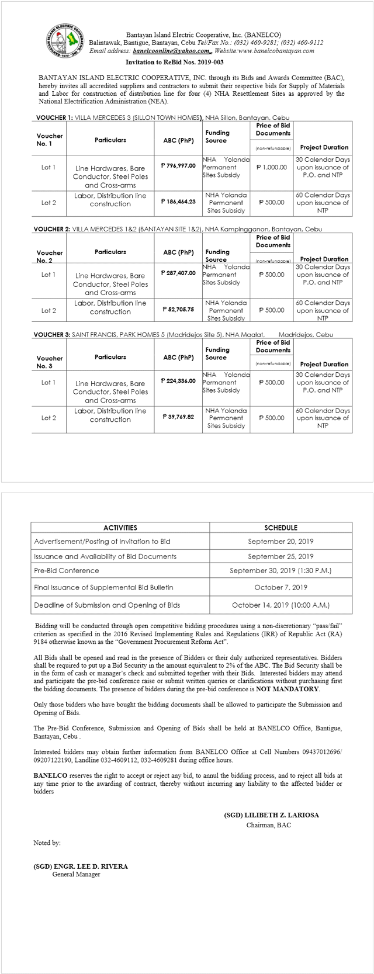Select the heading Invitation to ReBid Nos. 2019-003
174,62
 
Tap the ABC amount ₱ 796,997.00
178,165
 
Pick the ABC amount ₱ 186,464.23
178,201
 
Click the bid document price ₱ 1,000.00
272,167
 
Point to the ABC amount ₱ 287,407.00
178,273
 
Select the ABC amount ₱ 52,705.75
178,309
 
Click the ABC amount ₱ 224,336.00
178,380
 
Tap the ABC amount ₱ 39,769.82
178,417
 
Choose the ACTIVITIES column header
120,527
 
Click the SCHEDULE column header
280,527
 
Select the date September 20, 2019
280,542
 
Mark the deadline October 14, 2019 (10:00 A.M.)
280,605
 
